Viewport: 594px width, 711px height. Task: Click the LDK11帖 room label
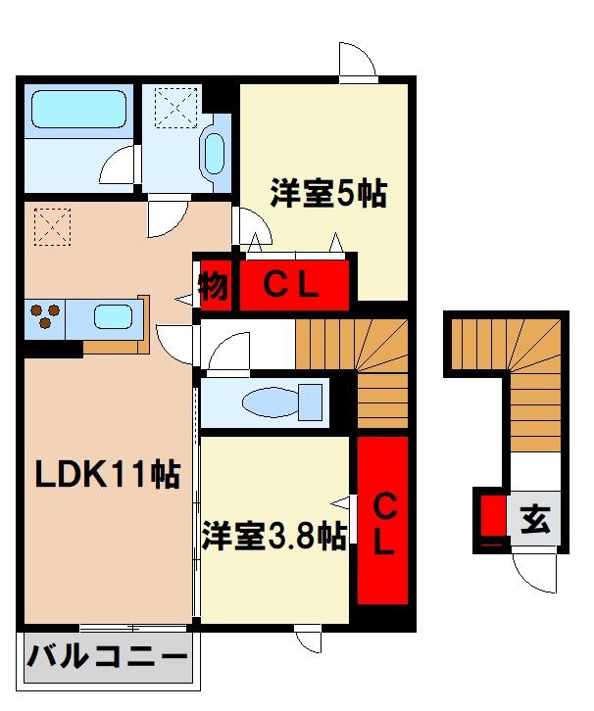pos(108,476)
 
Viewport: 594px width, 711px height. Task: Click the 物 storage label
pos(215,286)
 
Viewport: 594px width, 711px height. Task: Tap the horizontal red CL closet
pos(294,286)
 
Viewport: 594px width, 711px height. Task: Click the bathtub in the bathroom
pos(78,111)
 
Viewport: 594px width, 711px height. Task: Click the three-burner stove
pos(44,316)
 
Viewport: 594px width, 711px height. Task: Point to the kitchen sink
pos(112,317)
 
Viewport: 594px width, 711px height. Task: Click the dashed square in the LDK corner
pos(51,227)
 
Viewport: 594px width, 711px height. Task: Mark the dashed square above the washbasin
pos(175,105)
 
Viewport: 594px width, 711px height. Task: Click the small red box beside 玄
pos(493,515)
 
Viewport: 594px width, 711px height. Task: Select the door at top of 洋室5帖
pos(357,60)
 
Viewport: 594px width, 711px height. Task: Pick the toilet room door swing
pos(228,352)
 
